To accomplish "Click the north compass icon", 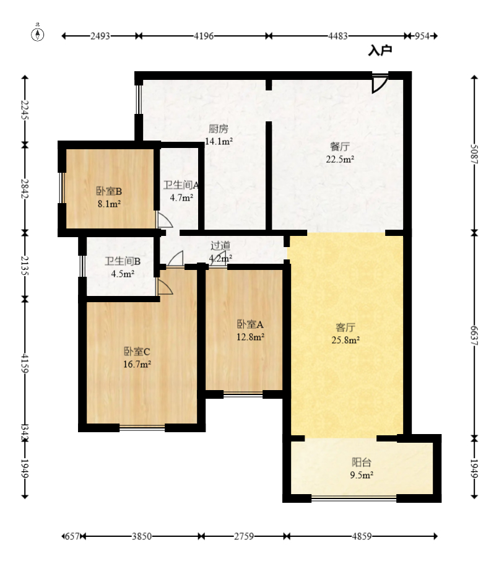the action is (x=37, y=34).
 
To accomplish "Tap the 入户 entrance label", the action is (x=380, y=50).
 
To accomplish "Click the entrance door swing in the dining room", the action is (x=380, y=83).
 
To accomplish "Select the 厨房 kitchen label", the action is (x=219, y=129).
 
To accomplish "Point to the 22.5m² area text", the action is (x=340, y=159).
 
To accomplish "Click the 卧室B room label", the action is (x=109, y=191).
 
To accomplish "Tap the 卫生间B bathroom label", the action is (x=123, y=261).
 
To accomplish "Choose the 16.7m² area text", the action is (x=137, y=364).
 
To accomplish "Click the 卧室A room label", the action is (x=250, y=324).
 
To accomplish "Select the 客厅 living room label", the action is (x=345, y=327).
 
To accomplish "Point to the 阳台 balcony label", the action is (x=362, y=462).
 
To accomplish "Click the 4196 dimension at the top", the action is (x=204, y=36).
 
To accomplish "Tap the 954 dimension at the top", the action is (x=422, y=36).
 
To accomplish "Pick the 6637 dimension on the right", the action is (x=474, y=336).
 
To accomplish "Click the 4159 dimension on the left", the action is (x=25, y=363).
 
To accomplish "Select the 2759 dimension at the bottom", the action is (x=244, y=536).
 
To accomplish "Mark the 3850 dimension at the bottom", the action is (x=142, y=536).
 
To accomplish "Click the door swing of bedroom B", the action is (x=164, y=219).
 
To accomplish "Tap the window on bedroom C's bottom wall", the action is (x=142, y=427).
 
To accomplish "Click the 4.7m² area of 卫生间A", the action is (x=181, y=198).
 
